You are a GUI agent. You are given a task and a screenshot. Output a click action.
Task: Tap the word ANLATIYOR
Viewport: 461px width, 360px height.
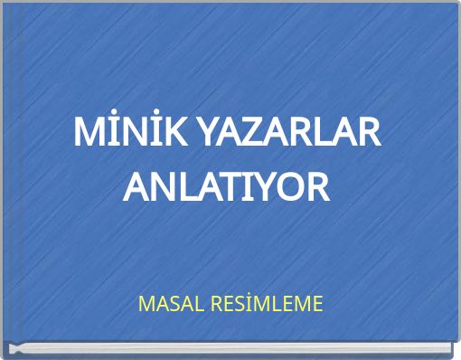click(226, 188)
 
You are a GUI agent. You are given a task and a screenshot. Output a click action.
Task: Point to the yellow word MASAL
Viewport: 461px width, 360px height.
click(168, 304)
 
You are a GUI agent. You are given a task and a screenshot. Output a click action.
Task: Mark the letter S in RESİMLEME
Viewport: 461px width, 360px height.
click(236, 304)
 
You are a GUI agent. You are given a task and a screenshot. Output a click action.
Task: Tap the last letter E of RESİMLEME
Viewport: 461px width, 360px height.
click(315, 304)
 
